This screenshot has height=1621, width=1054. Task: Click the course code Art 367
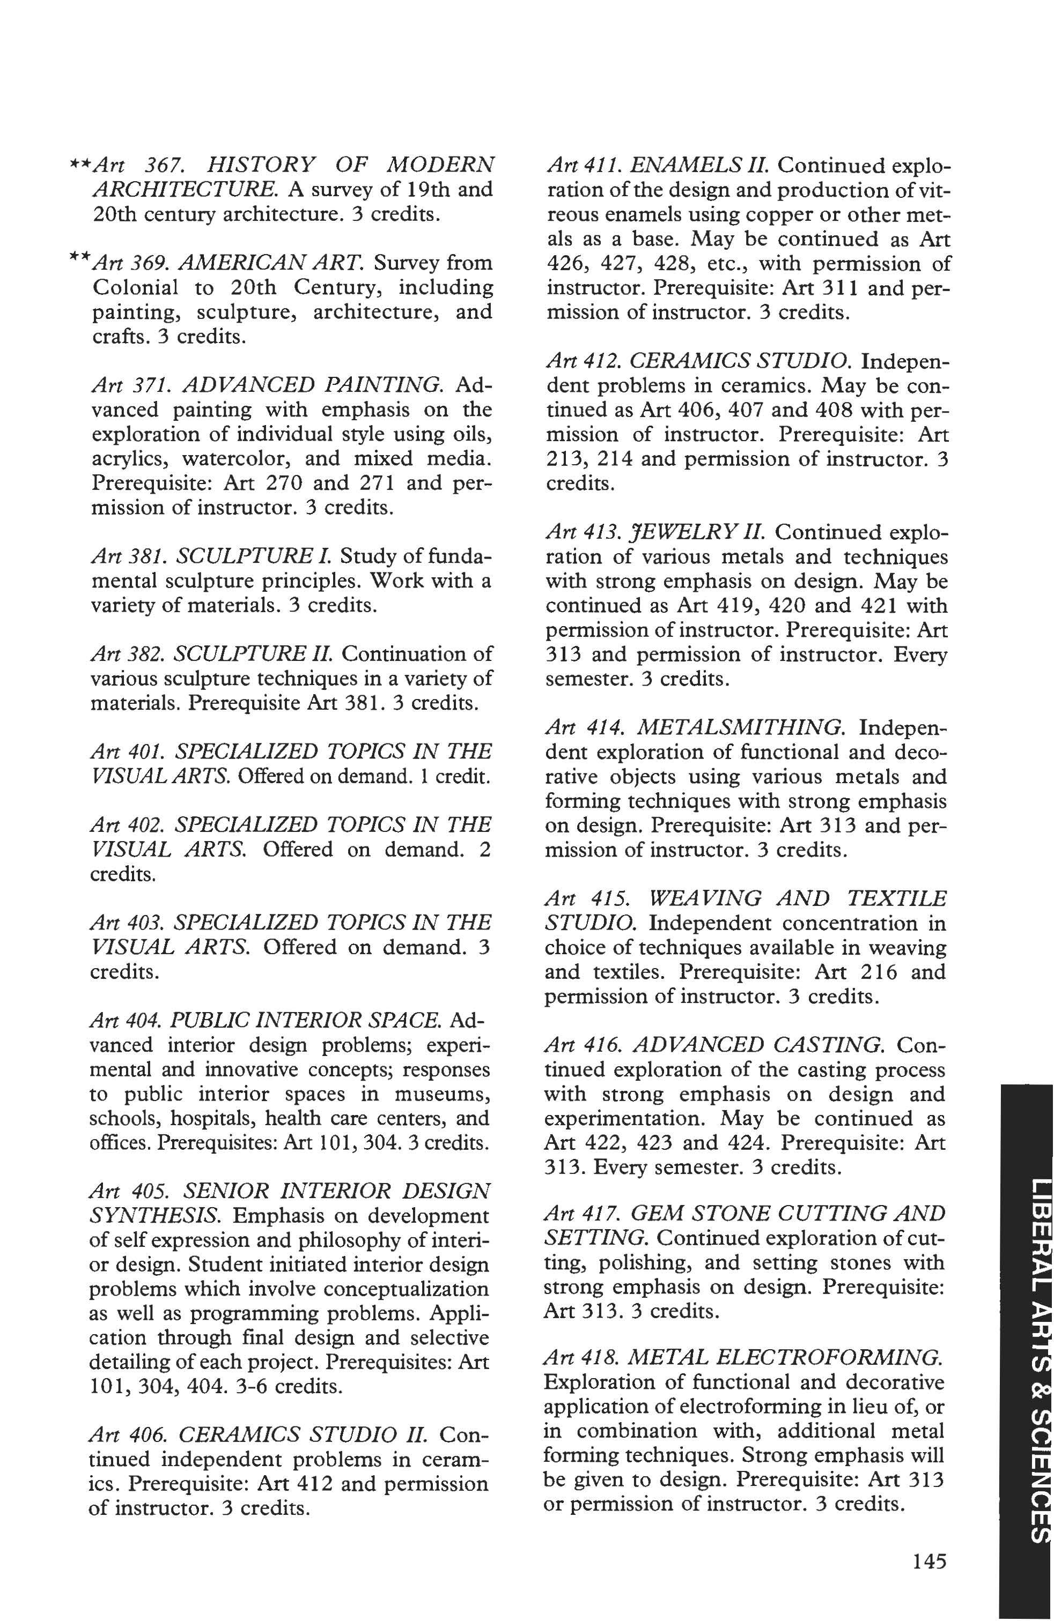[136, 166]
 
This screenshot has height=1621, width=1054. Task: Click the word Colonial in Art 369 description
[135, 287]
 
